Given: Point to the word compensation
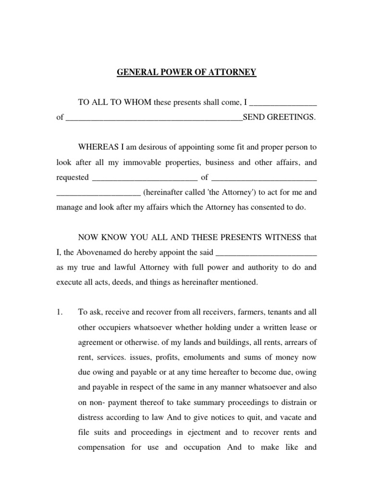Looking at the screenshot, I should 101,447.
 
